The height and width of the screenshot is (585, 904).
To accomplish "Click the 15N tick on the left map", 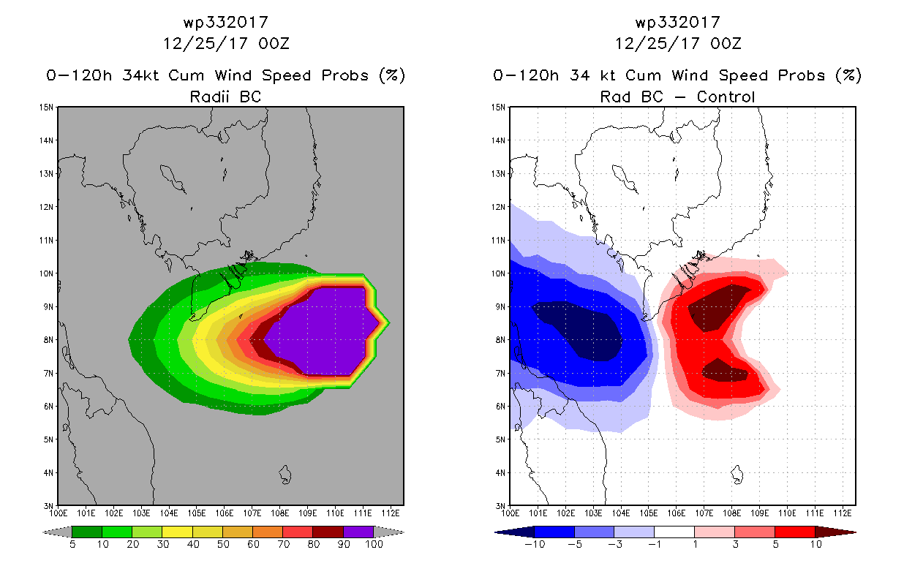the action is pyautogui.click(x=46, y=107).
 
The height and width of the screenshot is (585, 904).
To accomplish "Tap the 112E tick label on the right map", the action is pyautogui.click(x=843, y=513).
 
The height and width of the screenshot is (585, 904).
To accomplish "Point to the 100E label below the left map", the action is pyautogui.click(x=58, y=513).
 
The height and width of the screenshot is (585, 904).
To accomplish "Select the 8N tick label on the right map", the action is pyautogui.click(x=500, y=340).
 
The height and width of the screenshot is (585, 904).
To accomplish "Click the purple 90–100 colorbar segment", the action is pyautogui.click(x=358, y=532).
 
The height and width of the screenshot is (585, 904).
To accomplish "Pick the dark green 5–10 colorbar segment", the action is pyautogui.click(x=87, y=532).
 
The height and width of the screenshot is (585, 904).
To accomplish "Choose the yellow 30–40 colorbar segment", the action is pyautogui.click(x=177, y=532).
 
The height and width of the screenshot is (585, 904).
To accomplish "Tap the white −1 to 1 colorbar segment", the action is pyautogui.click(x=674, y=532).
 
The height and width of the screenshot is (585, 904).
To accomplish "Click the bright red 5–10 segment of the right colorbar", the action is pyautogui.click(x=795, y=532).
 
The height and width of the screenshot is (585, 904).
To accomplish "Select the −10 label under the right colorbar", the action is pyautogui.click(x=535, y=544).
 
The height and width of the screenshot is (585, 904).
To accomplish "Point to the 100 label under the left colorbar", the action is pyautogui.click(x=374, y=544).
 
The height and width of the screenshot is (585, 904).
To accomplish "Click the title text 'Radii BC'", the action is pyautogui.click(x=225, y=97).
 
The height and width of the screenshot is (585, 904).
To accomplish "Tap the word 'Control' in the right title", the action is pyautogui.click(x=726, y=97).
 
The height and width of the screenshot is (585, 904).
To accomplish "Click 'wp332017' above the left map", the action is pyautogui.click(x=225, y=22).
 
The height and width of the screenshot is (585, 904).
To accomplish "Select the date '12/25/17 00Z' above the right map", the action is pyautogui.click(x=678, y=43).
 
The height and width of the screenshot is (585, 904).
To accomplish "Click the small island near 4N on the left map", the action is pyautogui.click(x=285, y=475).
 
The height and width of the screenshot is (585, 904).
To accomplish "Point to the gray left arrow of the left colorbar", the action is pyautogui.click(x=57, y=532).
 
